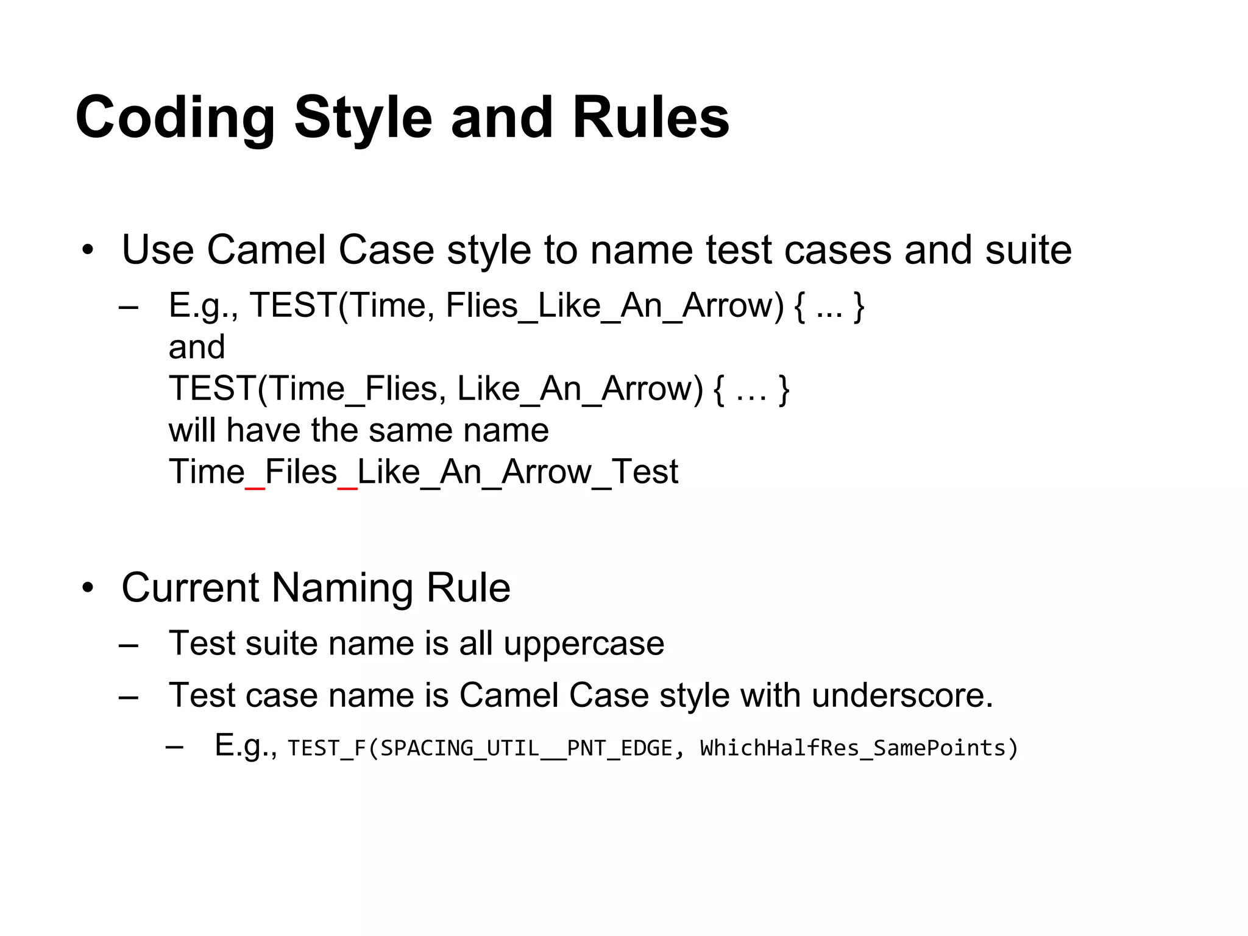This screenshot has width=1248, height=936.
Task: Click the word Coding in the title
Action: (175, 118)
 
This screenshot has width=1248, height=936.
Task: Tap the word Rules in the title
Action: (651, 118)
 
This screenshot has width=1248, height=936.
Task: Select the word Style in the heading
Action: (363, 118)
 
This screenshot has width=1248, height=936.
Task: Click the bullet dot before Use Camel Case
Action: (89, 250)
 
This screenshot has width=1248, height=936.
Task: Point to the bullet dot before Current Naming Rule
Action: (89, 588)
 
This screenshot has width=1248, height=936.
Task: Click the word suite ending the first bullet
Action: (1028, 250)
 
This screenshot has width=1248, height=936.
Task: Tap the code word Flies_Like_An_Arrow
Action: (614, 306)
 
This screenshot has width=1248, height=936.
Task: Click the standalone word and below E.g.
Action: (197, 347)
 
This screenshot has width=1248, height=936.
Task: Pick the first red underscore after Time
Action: (255, 487)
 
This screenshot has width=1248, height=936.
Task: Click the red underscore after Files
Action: (347, 487)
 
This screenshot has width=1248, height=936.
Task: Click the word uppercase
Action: (584, 643)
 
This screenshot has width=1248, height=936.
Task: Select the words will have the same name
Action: (358, 430)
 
